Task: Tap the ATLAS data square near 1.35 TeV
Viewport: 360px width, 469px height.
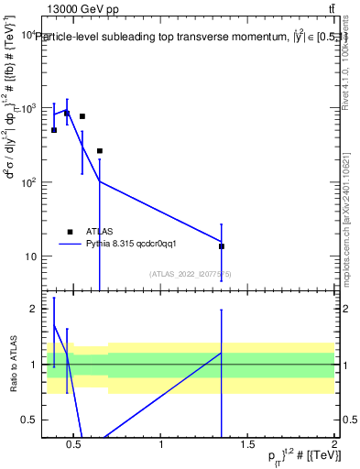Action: pos(222,246)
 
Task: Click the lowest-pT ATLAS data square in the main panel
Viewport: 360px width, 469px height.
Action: pos(54,130)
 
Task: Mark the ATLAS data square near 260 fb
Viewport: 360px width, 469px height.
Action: pos(100,151)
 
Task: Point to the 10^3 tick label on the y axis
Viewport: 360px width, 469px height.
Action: pos(27,108)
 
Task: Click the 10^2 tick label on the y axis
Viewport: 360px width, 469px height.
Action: pos(27,182)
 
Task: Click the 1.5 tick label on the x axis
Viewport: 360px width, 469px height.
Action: pos(247,446)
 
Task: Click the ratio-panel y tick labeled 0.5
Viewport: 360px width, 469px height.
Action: pos(29,420)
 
